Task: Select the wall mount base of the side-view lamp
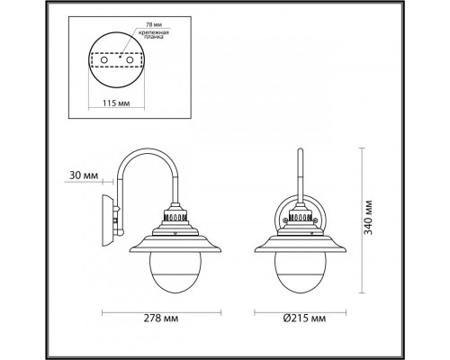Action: tap(109, 216)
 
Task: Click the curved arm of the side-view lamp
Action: tap(144, 162)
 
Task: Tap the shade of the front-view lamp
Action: tap(298, 243)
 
